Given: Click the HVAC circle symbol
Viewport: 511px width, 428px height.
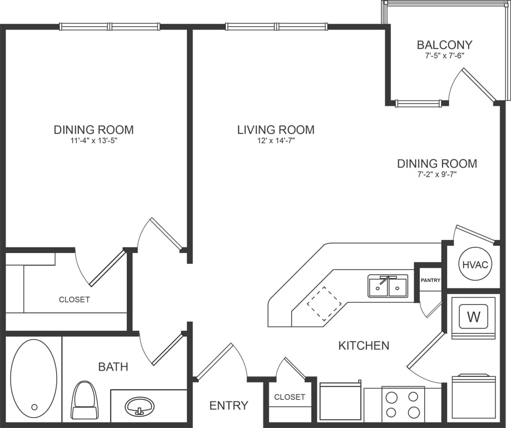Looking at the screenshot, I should pyautogui.click(x=476, y=265).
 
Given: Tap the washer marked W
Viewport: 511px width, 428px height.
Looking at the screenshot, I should pyautogui.click(x=474, y=317).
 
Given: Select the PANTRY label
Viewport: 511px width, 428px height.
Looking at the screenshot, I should pyautogui.click(x=430, y=280).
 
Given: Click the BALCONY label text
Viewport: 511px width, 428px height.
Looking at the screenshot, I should pyautogui.click(x=444, y=44).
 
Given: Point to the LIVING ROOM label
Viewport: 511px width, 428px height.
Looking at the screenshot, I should pyautogui.click(x=275, y=130).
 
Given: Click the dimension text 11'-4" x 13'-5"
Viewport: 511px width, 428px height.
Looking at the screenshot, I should pyautogui.click(x=94, y=141).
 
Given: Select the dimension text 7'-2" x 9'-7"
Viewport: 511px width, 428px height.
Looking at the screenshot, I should pyautogui.click(x=437, y=175).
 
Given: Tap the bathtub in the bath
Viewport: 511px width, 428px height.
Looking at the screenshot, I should pyautogui.click(x=34, y=378).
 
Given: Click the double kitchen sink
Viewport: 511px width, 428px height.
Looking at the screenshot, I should pyautogui.click(x=388, y=286).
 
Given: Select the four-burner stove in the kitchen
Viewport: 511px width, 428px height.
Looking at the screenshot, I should pyautogui.click(x=403, y=404).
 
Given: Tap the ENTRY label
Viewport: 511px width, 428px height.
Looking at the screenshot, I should pyautogui.click(x=228, y=406).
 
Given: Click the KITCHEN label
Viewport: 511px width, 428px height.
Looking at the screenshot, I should pyautogui.click(x=364, y=346).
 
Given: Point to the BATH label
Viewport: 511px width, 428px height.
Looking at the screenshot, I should pyautogui.click(x=113, y=367).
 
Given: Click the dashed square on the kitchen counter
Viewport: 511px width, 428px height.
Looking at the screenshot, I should pyautogui.click(x=324, y=304).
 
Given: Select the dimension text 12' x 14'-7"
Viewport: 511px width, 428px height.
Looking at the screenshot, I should pyautogui.click(x=275, y=141).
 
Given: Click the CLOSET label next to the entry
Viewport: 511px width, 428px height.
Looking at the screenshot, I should pyautogui.click(x=289, y=397).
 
